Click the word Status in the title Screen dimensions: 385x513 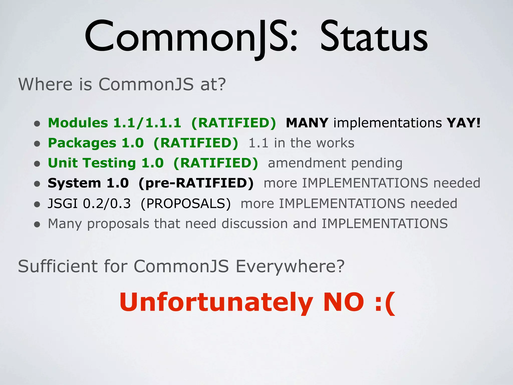pos(374,38)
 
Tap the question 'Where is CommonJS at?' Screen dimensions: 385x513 pos(122,84)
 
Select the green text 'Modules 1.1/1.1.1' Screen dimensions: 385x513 pos(114,123)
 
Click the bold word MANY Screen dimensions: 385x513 pos(307,123)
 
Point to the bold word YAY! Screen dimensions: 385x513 pos(464,123)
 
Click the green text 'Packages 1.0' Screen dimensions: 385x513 pos(96,143)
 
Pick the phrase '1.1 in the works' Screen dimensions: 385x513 pos(301,143)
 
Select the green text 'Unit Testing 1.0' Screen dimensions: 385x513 pos(106,163)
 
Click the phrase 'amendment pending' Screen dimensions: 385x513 pos(335,163)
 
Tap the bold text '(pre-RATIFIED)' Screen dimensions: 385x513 pos(196,183)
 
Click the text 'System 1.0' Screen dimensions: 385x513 pos(88,183)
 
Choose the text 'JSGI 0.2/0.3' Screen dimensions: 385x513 pos(89,204)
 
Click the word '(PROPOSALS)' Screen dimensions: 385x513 pos(186,204)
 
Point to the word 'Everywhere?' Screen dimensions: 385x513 pos(290,266)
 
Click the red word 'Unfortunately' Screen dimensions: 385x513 pos(216,303)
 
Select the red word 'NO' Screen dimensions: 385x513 pos(343,303)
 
